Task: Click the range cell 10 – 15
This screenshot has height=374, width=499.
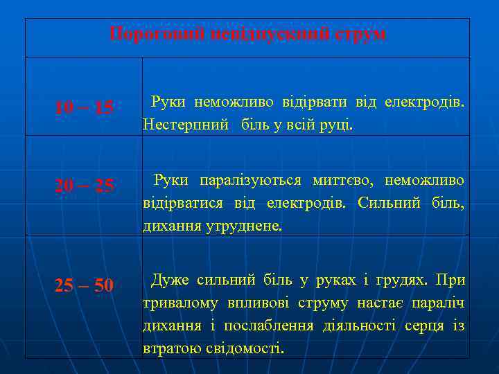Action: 84,107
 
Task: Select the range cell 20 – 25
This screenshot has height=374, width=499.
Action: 84,186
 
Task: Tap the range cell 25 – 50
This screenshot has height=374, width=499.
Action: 84,285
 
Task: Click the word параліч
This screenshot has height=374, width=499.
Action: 437,303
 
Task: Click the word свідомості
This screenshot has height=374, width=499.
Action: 245,347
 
